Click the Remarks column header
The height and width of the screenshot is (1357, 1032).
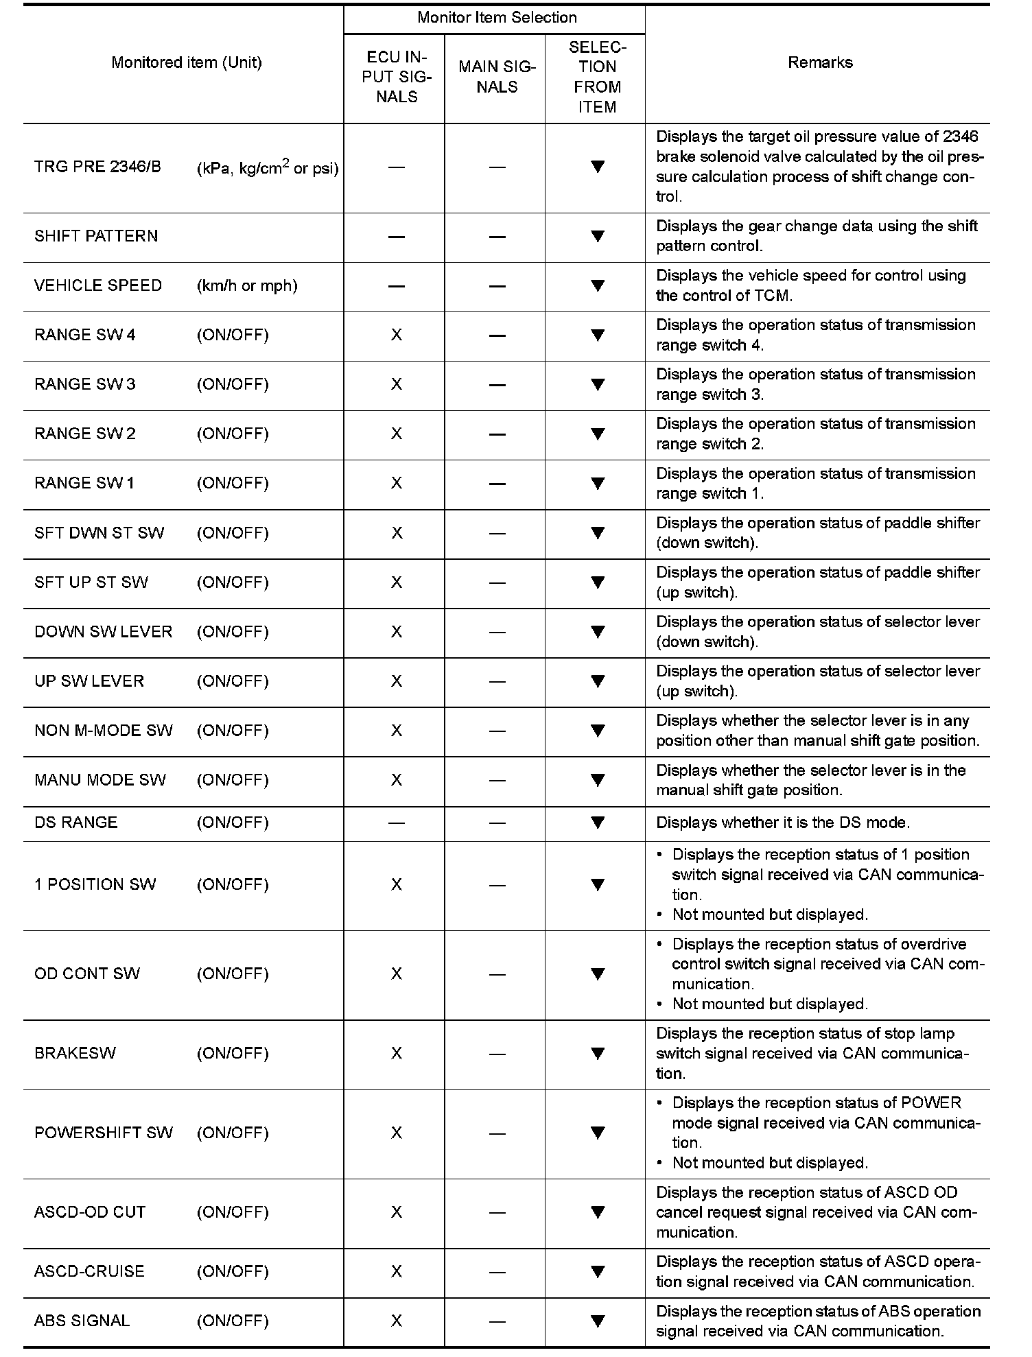(820, 62)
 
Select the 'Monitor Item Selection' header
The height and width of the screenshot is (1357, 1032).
(497, 18)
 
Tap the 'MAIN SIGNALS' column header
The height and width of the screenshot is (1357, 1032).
(497, 77)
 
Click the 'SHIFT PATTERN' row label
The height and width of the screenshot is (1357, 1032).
(96, 236)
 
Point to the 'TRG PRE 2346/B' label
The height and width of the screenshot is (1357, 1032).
(97, 167)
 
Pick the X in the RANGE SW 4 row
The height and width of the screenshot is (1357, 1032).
(397, 335)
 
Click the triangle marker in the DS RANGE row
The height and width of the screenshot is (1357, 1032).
(598, 822)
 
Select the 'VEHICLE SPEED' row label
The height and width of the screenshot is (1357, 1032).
(98, 285)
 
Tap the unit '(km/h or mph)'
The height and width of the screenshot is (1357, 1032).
(247, 285)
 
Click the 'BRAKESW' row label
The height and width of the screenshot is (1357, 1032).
(75, 1053)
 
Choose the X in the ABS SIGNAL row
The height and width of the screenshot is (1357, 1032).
(397, 1321)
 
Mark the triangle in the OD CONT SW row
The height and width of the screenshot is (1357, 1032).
(598, 973)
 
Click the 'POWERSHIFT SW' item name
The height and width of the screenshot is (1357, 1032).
(104, 1133)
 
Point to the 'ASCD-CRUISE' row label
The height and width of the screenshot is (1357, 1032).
(89, 1271)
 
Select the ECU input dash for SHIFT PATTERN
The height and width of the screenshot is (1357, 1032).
(397, 237)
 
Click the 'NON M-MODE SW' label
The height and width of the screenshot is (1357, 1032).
(104, 731)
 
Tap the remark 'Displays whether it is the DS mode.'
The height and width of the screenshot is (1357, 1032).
(783, 823)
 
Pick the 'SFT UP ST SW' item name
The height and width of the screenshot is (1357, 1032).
(91, 582)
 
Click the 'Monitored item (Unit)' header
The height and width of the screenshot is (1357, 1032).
(187, 62)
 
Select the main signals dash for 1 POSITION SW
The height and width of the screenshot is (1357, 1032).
(497, 885)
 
